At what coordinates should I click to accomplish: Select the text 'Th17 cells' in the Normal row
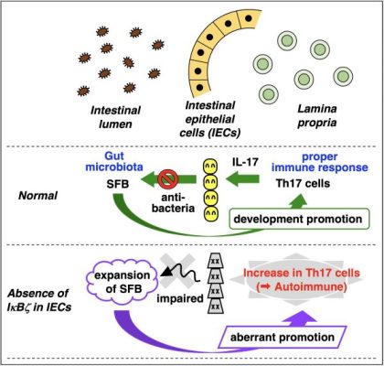303,184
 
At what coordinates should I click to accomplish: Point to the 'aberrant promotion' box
283,338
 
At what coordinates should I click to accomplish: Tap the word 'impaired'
180,298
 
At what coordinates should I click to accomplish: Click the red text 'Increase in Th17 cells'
302,273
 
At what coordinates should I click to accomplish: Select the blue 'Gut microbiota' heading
114,162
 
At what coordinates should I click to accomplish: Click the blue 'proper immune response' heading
320,162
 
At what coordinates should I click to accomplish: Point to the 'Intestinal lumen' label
115,117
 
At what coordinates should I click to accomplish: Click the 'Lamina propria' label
317,115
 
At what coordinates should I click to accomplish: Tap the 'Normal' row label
37,196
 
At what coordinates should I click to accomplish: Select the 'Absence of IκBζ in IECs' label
39,300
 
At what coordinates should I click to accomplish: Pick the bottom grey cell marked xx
216,306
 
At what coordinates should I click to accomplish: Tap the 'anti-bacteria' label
177,203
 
